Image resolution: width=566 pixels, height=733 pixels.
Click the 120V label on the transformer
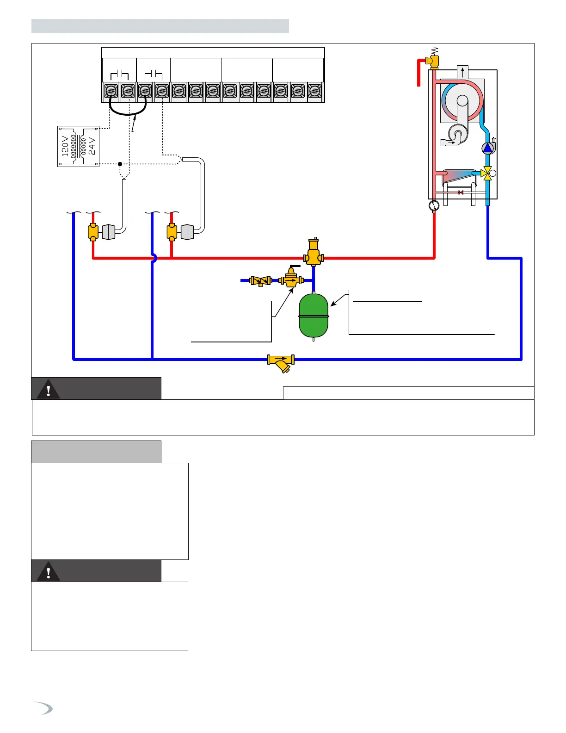(x=65, y=146)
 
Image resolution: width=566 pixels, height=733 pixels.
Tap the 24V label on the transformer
(x=92, y=146)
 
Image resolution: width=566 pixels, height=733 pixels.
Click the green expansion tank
(x=314, y=316)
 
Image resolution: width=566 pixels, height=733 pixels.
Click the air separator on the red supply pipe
(x=314, y=253)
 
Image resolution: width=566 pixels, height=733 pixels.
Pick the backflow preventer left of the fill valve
(x=260, y=280)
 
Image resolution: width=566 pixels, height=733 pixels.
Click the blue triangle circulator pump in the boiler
(x=487, y=148)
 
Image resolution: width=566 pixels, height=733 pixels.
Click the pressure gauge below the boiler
(x=434, y=205)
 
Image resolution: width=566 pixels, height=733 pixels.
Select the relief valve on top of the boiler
(x=433, y=60)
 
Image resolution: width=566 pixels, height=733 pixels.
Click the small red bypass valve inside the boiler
(x=461, y=192)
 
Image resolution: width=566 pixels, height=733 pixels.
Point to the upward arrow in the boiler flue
(x=462, y=72)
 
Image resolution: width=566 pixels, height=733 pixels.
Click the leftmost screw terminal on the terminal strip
(x=111, y=91)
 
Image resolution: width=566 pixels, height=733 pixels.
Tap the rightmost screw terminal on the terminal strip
(x=314, y=91)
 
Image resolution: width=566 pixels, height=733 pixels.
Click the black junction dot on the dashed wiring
(x=120, y=164)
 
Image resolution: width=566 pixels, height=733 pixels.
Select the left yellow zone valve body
(x=93, y=232)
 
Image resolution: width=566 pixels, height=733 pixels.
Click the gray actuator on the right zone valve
(x=187, y=232)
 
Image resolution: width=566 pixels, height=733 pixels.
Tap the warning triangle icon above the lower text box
(x=48, y=572)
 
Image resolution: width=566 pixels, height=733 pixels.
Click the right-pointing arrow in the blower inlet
(x=451, y=143)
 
